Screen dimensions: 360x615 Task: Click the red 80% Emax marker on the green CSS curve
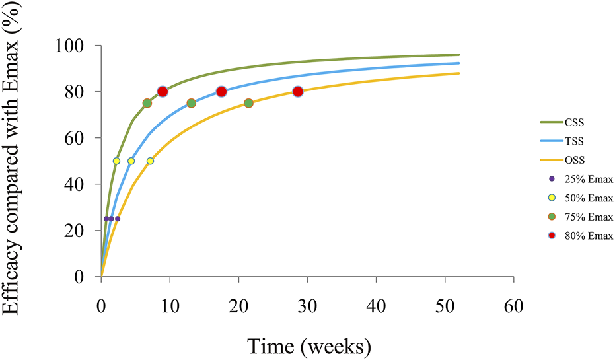coord(163,92)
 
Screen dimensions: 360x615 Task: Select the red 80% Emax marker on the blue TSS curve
coord(221,92)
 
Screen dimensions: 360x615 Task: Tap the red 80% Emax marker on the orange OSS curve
coord(298,92)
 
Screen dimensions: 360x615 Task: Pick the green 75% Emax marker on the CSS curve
coord(147,103)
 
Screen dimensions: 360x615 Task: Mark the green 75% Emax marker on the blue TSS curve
coord(192,103)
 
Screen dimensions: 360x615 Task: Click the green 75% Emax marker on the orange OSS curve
coord(248,103)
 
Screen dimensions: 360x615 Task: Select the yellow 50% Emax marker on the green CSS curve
coord(117,161)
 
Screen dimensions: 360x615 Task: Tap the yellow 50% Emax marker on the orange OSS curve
coord(150,161)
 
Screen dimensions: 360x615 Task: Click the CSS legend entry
coord(575,122)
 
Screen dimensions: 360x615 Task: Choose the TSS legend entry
coord(575,141)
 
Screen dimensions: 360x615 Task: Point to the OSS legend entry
coord(575,160)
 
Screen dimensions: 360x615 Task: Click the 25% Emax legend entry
coord(585,179)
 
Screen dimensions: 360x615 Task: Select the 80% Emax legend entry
coord(585,236)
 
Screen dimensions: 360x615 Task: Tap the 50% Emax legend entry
coord(585,198)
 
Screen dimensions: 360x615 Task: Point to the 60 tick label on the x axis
coord(513,306)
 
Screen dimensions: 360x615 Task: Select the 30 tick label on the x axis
coord(307,306)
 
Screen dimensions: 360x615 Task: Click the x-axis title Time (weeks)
coord(308,345)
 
